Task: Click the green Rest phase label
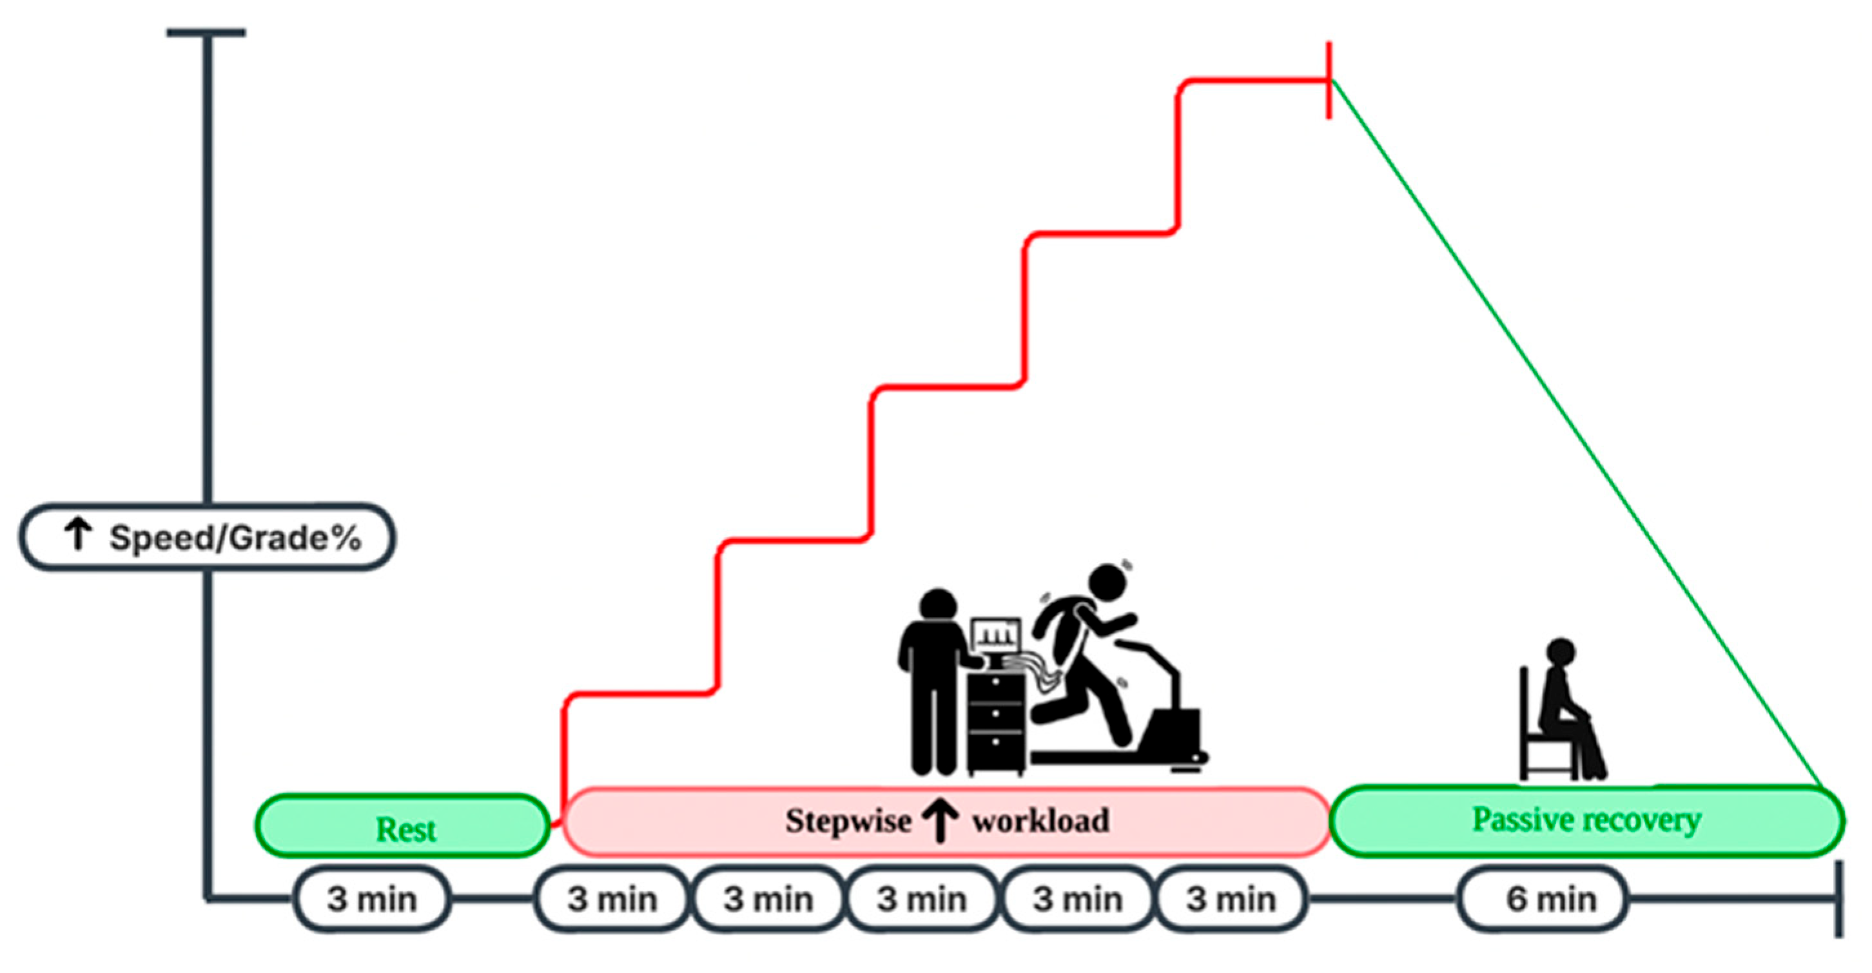click(x=405, y=829)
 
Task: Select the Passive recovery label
click(x=1586, y=820)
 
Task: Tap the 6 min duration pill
click(x=1551, y=900)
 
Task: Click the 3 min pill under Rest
click(x=371, y=900)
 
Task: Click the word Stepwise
click(x=848, y=821)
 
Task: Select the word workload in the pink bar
click(x=1040, y=821)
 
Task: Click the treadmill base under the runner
click(x=1112, y=757)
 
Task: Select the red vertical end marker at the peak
click(x=1329, y=80)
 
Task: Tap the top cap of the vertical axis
click(x=206, y=33)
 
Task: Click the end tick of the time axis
click(x=1838, y=900)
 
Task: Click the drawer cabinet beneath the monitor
click(x=995, y=719)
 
